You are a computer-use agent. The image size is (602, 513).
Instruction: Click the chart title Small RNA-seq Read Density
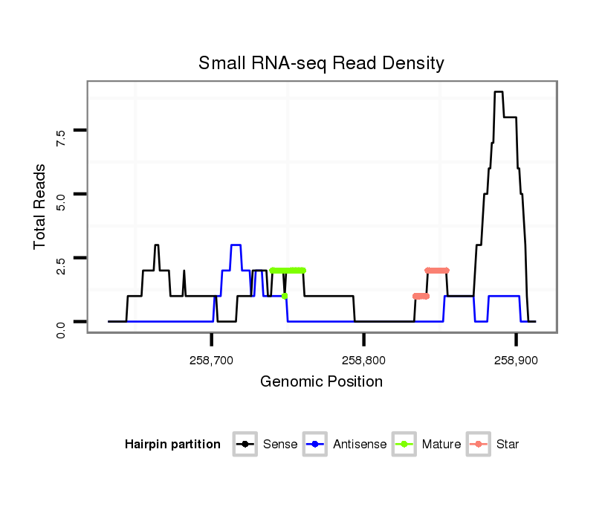(321, 63)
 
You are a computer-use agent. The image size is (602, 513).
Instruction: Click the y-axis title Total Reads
(41, 207)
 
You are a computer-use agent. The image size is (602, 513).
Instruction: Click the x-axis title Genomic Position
(321, 382)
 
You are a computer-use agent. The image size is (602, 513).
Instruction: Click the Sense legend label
(280, 445)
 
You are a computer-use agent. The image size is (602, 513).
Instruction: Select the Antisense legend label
(360, 445)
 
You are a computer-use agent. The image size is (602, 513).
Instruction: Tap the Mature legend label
(441, 445)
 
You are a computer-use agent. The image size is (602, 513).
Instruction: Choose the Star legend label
(508, 445)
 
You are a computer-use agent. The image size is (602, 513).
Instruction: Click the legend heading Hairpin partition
(172, 445)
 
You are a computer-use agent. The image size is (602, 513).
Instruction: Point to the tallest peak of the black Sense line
(499, 92)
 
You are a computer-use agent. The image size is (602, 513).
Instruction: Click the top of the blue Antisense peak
(236, 245)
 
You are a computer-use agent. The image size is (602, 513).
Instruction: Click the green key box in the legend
(405, 445)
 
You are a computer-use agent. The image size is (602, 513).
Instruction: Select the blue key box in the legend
(317, 445)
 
